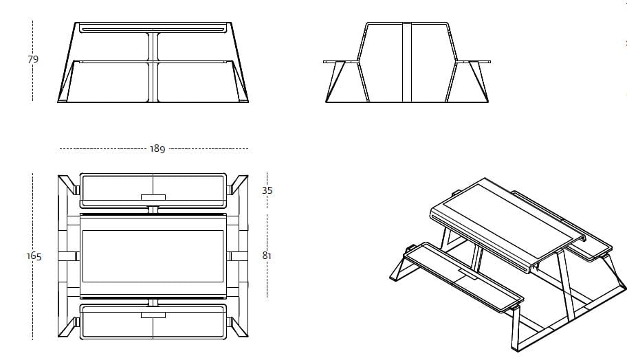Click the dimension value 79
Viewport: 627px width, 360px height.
[x=33, y=60]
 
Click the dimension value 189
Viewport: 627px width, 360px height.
[x=157, y=149]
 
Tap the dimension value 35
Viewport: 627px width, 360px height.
[x=267, y=190]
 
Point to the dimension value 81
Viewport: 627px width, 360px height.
[x=267, y=256]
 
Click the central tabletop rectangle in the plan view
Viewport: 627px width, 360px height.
[x=153, y=256]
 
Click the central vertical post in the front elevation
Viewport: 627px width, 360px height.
[x=153, y=66]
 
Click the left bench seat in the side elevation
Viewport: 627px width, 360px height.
[x=342, y=62]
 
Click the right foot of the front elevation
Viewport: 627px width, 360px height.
[x=242, y=100]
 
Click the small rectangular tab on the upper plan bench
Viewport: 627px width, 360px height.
[x=153, y=198]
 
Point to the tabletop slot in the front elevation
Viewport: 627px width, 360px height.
[x=153, y=30]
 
